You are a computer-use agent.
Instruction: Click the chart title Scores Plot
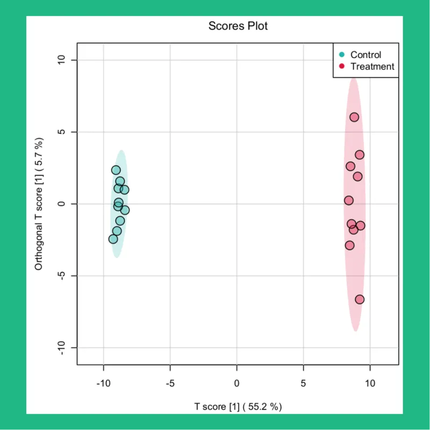[238, 26]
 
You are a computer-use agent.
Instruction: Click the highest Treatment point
[354, 117]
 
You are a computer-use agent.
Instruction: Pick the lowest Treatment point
[360, 299]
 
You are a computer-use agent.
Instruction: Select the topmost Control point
[116, 170]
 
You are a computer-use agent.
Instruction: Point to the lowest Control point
[113, 239]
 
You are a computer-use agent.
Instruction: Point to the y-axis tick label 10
[61, 60]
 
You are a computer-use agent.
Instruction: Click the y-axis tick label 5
[61, 132]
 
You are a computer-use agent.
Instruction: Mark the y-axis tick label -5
[61, 276]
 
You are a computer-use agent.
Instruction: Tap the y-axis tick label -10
[61, 348]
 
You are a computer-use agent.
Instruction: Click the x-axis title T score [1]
[238, 407]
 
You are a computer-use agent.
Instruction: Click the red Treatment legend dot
[342, 67]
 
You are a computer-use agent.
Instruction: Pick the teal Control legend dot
[342, 55]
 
